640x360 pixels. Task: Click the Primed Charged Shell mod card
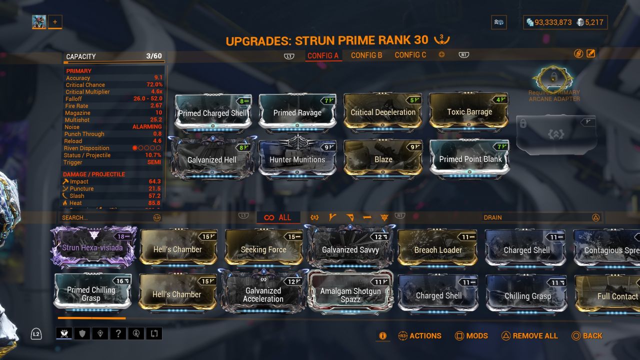pos(212,112)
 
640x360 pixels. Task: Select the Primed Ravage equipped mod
pos(297,112)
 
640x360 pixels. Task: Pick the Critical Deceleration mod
pos(383,112)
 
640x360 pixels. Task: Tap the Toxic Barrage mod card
pos(469,112)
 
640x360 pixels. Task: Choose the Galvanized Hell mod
pos(212,159)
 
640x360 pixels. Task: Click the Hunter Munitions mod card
pos(297,159)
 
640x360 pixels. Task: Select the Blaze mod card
pos(383,159)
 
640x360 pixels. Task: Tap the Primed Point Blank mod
pos(470,159)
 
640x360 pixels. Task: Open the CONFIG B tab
pos(366,55)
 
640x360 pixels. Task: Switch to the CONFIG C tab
pos(410,55)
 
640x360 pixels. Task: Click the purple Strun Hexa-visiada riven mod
pos(92,247)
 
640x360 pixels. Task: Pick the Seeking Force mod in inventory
pos(263,249)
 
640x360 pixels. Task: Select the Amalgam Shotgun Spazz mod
pos(350,295)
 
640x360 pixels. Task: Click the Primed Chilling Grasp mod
pos(91,294)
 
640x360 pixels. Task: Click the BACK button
pos(587,336)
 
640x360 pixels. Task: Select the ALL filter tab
pos(278,217)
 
